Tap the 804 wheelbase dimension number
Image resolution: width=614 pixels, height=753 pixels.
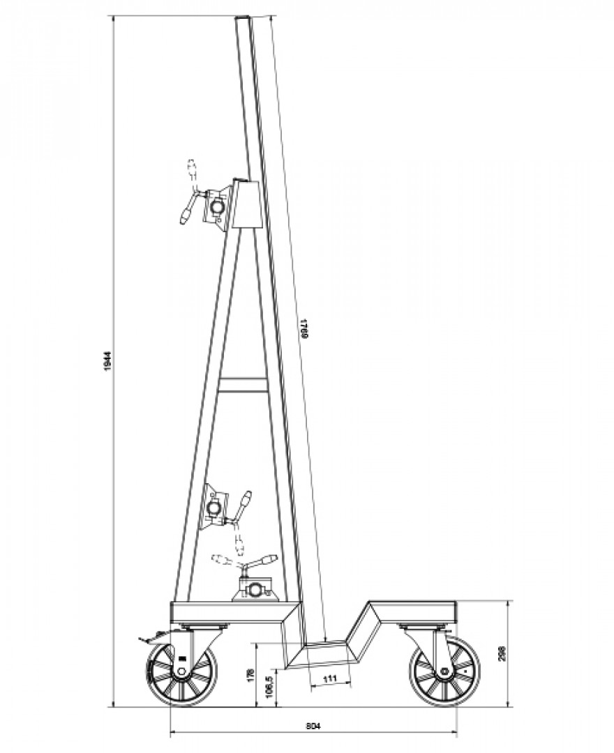tap(313, 726)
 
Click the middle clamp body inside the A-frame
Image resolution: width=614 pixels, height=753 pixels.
tap(216, 507)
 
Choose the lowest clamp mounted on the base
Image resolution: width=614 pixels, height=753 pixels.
tap(255, 588)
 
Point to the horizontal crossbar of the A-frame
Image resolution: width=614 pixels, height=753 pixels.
tap(242, 385)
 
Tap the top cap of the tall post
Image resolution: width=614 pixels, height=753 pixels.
tap(241, 18)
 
